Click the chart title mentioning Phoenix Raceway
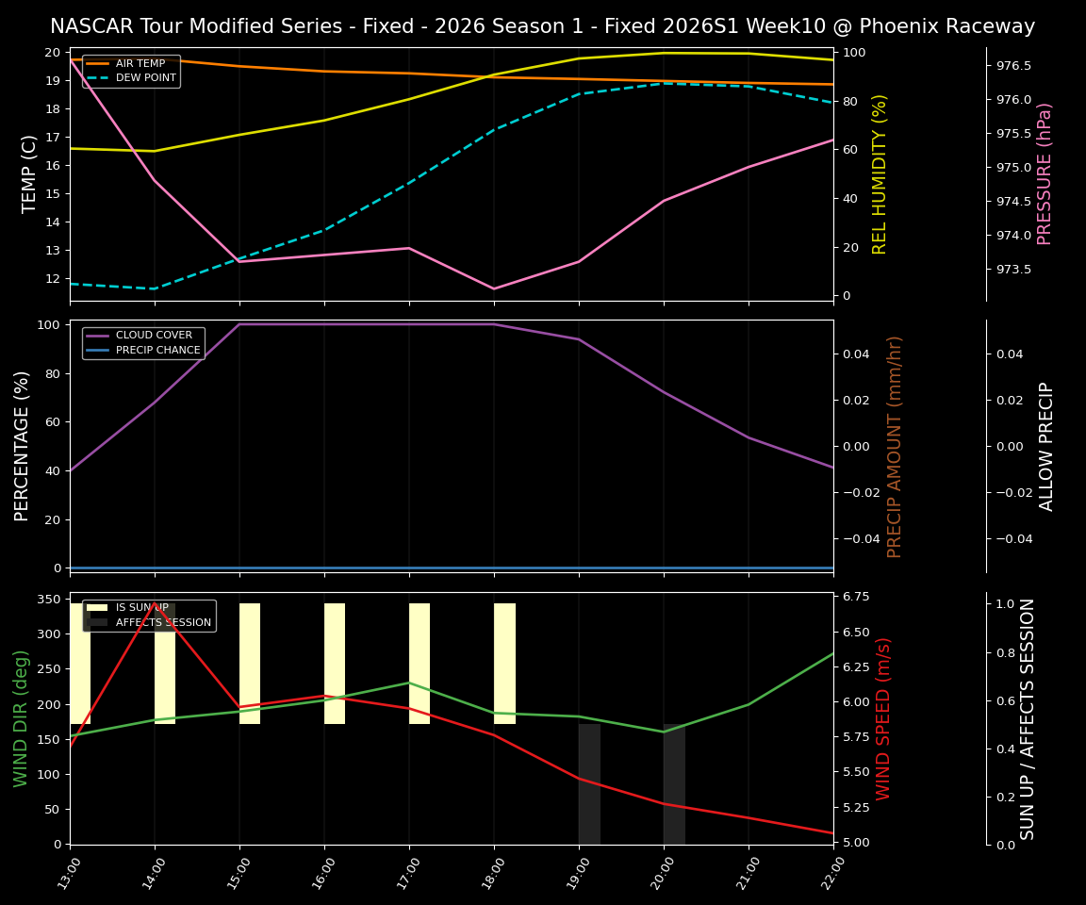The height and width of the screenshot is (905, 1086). (x=542, y=26)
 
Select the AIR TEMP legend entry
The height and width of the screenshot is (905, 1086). (x=140, y=63)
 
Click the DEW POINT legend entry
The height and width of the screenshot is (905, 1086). (x=145, y=78)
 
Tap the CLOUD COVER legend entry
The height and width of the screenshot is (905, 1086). (x=154, y=335)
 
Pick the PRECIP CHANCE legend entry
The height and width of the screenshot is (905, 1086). (x=157, y=351)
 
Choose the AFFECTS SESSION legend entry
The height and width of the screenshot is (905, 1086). (x=163, y=622)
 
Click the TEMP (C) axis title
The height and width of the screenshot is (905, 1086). (x=30, y=173)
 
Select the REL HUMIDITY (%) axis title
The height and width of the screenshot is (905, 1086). (x=880, y=173)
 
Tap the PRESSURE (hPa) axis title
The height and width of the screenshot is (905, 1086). (x=1045, y=173)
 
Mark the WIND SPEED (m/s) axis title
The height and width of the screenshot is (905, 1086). (x=883, y=718)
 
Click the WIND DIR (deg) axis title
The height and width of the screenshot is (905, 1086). (x=22, y=718)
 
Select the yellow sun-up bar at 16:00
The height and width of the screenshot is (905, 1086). (x=335, y=664)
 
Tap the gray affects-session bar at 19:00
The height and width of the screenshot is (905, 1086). (x=589, y=783)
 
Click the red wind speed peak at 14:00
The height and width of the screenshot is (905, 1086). (x=155, y=603)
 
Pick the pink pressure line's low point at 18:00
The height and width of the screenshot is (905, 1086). (x=494, y=288)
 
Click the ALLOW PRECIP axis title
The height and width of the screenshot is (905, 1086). (x=1046, y=446)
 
